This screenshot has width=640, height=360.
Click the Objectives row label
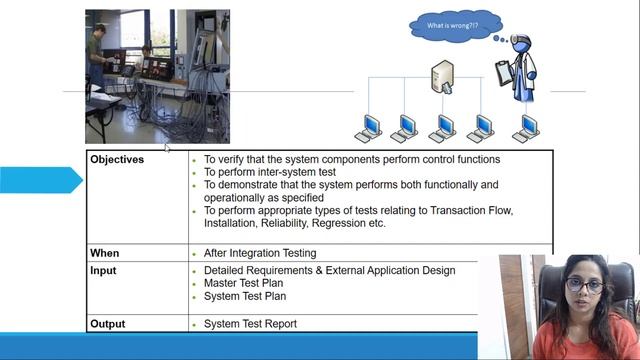[117, 160]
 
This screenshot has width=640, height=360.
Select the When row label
[105, 254]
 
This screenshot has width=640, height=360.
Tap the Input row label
[103, 271]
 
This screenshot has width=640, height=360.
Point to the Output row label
[108, 324]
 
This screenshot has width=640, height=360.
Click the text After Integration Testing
[260, 254]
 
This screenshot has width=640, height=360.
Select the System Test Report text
[250, 324]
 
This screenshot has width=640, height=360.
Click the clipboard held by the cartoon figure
[503, 72]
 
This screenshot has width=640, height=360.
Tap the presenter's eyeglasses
[585, 286]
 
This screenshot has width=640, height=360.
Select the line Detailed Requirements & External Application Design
[329, 271]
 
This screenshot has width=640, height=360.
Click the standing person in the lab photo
[97, 55]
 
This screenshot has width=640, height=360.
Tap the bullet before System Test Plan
[193, 297]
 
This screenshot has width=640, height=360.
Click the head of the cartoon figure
[522, 45]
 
